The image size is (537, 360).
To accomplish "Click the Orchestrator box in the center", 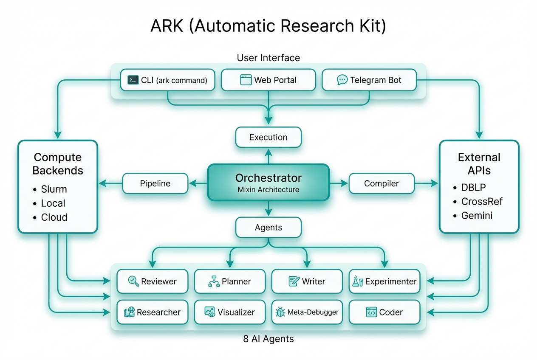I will (x=268, y=182).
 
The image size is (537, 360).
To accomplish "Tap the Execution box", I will (x=268, y=137).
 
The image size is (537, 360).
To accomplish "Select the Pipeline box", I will (x=155, y=183).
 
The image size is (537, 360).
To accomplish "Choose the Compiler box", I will (x=381, y=183).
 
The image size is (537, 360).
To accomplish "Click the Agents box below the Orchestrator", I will (x=268, y=228).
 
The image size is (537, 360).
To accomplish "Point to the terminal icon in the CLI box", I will (x=133, y=80).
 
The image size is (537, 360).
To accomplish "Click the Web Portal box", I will (x=268, y=80).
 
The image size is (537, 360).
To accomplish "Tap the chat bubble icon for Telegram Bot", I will (x=342, y=80).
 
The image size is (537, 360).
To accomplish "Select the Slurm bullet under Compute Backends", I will (x=54, y=189).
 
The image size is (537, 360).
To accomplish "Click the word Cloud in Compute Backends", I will (x=54, y=217).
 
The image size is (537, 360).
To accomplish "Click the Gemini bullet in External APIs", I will (x=477, y=216).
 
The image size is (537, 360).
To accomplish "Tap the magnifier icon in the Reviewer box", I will (x=133, y=281).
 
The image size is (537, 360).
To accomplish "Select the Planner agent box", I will (x=229, y=281).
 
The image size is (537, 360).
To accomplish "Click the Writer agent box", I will (x=307, y=281).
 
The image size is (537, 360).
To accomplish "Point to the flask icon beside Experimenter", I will (x=357, y=281).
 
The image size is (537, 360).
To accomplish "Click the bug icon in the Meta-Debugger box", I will (x=280, y=312).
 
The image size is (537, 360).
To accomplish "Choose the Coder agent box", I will (x=384, y=312).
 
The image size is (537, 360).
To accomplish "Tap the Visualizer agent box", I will (x=229, y=312).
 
